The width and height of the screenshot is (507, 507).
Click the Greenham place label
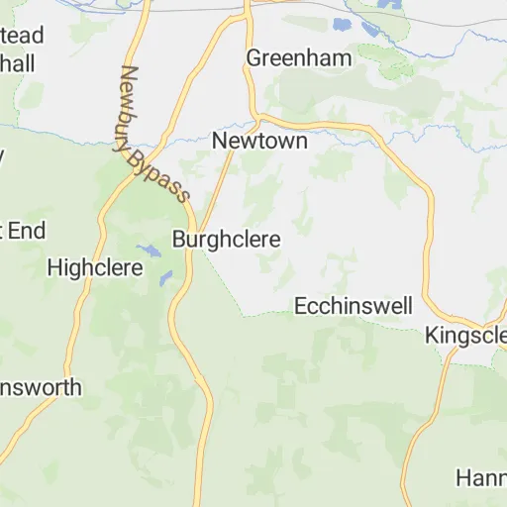[298, 57]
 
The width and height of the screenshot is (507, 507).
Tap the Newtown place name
[259, 142]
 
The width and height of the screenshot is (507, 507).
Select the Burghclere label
[227, 240]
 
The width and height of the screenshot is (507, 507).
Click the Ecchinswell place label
[354, 307]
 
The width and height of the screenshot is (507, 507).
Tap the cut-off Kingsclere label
[465, 336]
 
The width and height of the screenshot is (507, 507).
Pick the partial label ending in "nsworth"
[41, 387]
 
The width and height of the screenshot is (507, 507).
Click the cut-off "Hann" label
[481, 478]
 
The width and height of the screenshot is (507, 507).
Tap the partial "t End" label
[23, 232]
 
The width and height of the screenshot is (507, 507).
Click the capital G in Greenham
[254, 57]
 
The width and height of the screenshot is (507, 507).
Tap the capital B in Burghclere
[179, 240]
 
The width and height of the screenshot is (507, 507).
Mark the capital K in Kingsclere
[432, 336]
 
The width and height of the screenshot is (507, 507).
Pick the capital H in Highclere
[54, 266]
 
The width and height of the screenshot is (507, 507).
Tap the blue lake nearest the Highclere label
[147, 250]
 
